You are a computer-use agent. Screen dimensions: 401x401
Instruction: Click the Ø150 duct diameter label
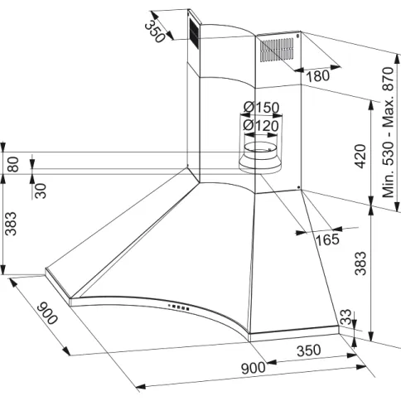click(262, 107)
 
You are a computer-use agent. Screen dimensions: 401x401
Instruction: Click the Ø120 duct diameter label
click(261, 126)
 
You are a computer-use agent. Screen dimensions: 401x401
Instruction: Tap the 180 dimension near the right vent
click(318, 76)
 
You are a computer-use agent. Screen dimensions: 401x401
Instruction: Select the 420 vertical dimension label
click(360, 156)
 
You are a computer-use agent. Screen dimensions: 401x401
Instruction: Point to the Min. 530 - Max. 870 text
click(388, 132)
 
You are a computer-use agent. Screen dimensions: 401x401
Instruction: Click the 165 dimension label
click(327, 239)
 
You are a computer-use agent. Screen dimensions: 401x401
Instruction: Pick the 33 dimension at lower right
click(345, 317)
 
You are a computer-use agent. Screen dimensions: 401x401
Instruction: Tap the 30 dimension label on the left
click(41, 191)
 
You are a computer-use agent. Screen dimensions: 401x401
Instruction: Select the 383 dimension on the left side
click(11, 224)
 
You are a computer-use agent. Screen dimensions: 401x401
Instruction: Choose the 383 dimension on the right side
click(360, 263)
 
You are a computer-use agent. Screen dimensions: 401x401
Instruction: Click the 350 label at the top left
click(155, 31)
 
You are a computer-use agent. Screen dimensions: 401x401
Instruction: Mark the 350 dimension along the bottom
click(309, 350)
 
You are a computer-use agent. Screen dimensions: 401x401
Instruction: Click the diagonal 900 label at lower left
click(47, 313)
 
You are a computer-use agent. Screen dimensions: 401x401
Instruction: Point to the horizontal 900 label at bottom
click(253, 368)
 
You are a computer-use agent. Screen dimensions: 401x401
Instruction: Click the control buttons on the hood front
click(178, 307)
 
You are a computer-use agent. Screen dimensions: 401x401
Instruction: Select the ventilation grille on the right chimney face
click(277, 50)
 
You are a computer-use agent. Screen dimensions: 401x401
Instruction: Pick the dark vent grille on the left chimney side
click(193, 32)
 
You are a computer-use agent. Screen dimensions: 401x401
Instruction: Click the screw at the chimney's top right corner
click(297, 36)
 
